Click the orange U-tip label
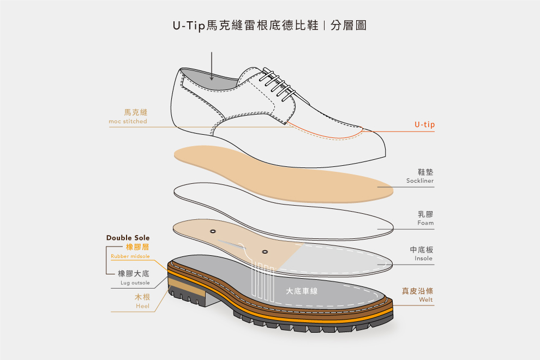pyautogui.click(x=424, y=125)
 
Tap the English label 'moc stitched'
pyautogui.click(x=128, y=122)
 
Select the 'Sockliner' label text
pyautogui.click(x=420, y=181)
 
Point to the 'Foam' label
pyautogui.click(x=425, y=223)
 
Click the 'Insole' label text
pyautogui.click(x=423, y=259)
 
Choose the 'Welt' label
pyautogui.click(x=426, y=300)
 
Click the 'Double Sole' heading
pyautogui.click(x=128, y=238)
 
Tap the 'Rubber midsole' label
pyautogui.click(x=130, y=256)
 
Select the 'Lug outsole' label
pyautogui.click(x=135, y=283)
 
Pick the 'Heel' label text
pyautogui.click(x=142, y=307)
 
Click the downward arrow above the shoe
pyautogui.click(x=212, y=67)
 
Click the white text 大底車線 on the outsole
pyautogui.click(x=302, y=291)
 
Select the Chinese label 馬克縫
pyautogui.click(x=136, y=112)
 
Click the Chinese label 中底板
pyautogui.click(x=422, y=250)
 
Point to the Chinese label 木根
pyautogui.click(x=142, y=297)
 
